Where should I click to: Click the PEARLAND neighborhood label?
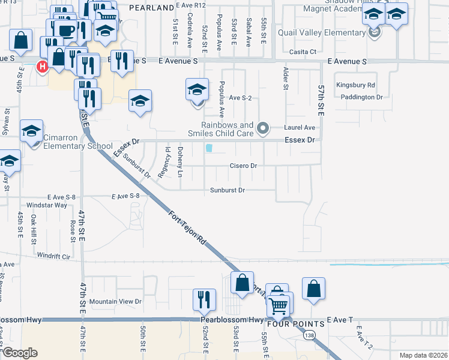point(151,8)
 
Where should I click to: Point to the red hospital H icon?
point(43,66)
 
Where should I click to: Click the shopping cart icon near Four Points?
point(279,306)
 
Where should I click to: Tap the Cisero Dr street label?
point(243,166)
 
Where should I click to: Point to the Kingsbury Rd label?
point(355,85)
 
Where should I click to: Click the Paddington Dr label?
point(362,97)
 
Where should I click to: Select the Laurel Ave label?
point(300,128)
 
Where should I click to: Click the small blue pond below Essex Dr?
point(209,148)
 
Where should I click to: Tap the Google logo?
point(20,353)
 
